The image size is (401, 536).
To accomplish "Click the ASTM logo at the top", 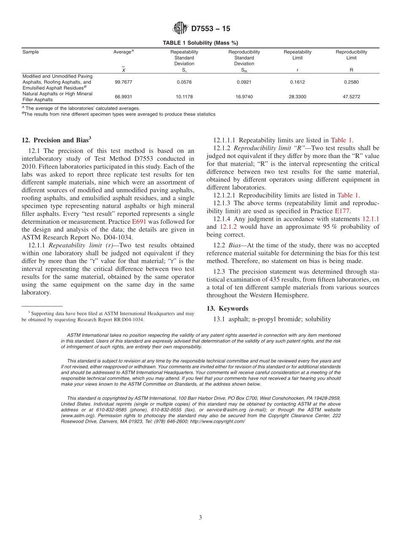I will tap(180, 29).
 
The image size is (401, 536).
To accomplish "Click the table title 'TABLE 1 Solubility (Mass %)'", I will tap(200, 43).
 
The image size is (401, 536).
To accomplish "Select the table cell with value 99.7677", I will tap(123, 82).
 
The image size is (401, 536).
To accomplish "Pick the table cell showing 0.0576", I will tap(184, 82).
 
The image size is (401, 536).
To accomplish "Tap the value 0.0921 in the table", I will tap(244, 82).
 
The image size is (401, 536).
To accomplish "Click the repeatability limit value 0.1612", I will tap(297, 82).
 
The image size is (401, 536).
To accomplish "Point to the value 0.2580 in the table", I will tap(351, 82).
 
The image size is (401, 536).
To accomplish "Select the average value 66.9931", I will tap(123, 97).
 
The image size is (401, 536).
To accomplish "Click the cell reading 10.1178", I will tap(184, 97).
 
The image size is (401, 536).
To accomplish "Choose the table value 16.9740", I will tap(244, 97).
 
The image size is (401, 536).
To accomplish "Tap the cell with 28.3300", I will tap(297, 97).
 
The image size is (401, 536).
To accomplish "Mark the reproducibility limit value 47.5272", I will tap(351, 97).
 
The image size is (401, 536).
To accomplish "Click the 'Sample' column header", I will tap(30, 52).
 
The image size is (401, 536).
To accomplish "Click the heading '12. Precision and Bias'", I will tap(56, 140).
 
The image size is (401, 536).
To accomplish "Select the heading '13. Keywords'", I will tap(227, 308).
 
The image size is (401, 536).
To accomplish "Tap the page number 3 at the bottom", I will tap(200, 518).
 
